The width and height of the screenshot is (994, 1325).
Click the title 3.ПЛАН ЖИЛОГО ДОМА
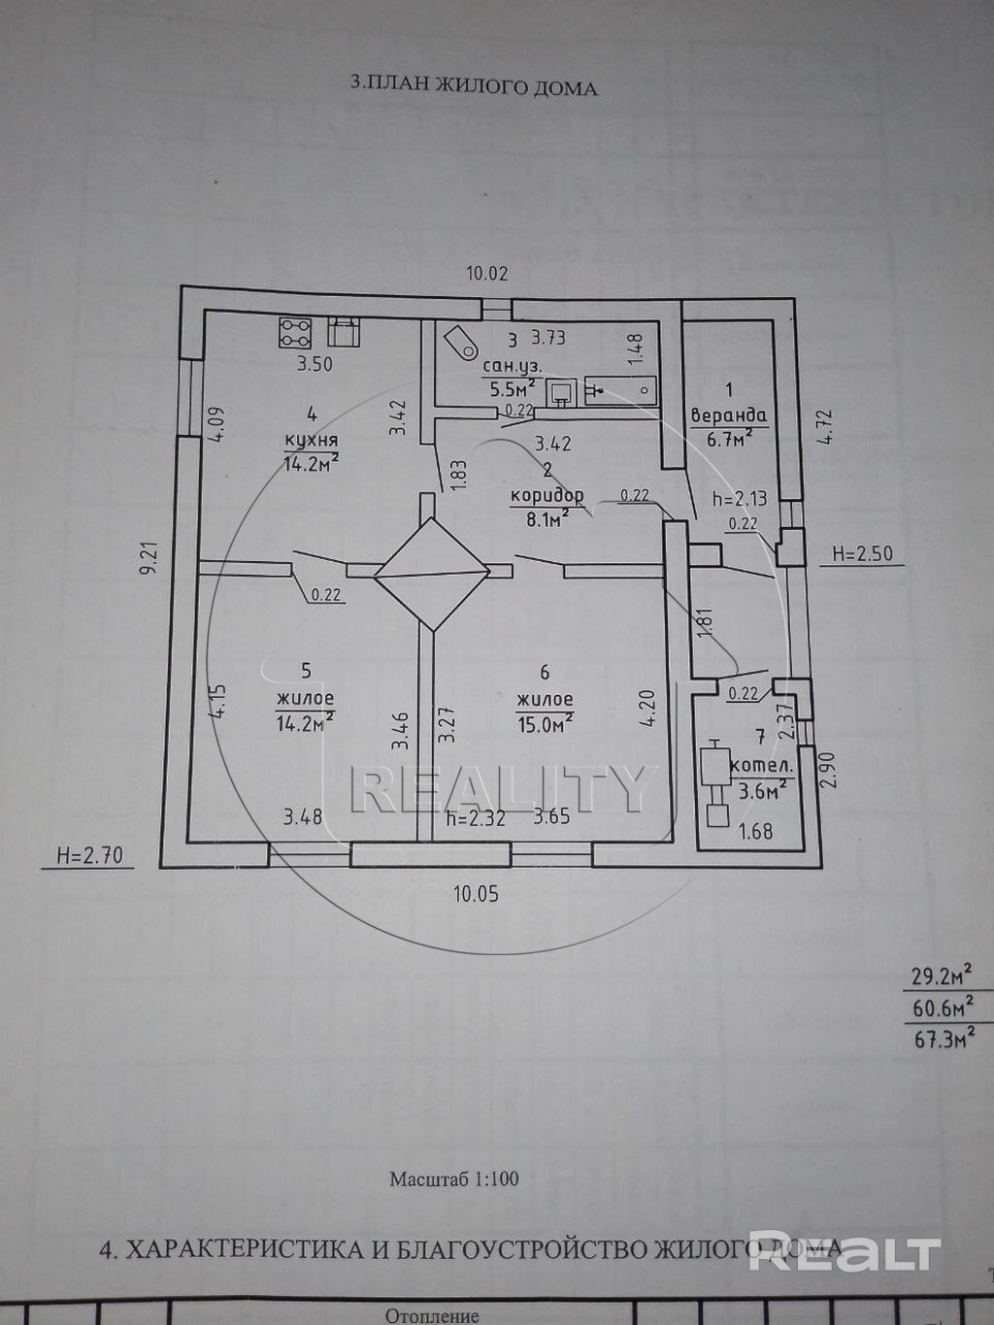coord(473,87)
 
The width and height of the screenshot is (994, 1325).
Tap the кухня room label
coord(311,440)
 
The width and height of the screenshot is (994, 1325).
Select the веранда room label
coord(728,415)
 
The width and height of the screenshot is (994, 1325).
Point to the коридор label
coord(547,495)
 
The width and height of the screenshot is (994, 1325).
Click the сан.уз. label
coord(512,366)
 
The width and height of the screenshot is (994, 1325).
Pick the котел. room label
coord(766,766)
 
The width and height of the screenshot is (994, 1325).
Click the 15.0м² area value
coord(545,723)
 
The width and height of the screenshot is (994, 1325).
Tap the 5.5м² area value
coord(512,389)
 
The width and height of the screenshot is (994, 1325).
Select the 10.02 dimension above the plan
coord(486,274)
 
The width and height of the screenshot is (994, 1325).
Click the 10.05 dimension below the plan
coord(476,893)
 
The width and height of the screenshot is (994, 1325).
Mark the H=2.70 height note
coord(89,855)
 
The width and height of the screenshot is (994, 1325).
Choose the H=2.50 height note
coord(862,555)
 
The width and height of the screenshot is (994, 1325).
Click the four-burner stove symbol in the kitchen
coord(295,333)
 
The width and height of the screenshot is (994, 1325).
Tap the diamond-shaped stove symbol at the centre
coord(431,575)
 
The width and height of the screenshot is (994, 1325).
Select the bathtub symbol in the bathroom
coord(620,391)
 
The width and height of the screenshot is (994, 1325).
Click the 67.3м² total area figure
coord(943,1041)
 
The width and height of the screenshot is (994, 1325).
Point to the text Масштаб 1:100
coord(453,1179)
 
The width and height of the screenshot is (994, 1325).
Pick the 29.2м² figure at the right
coord(941,975)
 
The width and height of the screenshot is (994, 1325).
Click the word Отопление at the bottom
coord(432,1316)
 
